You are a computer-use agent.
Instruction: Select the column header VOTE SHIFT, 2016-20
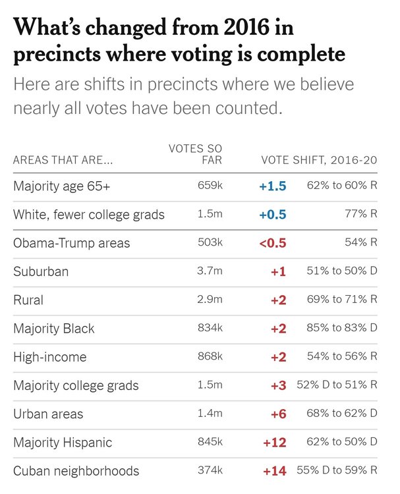319,161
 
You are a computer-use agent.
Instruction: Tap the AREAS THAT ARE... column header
63,161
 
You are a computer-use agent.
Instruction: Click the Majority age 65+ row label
62,186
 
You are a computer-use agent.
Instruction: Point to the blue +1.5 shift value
273,186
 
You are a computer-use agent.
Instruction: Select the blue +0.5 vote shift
273,215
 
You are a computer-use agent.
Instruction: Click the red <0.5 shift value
273,243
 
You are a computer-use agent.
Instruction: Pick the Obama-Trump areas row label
72,243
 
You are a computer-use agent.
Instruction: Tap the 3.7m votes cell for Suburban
210,271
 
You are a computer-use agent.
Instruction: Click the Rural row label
28,300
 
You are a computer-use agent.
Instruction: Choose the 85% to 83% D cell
342,328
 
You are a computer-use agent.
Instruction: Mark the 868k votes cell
210,356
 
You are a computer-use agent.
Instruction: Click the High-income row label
49,357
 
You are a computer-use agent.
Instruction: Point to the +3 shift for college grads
278,385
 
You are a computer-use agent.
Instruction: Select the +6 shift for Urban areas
278,414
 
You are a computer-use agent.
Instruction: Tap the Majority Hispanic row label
63,442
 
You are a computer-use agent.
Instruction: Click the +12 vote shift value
274,442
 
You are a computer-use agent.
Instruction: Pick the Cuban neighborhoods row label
76,470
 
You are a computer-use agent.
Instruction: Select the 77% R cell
361,215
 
